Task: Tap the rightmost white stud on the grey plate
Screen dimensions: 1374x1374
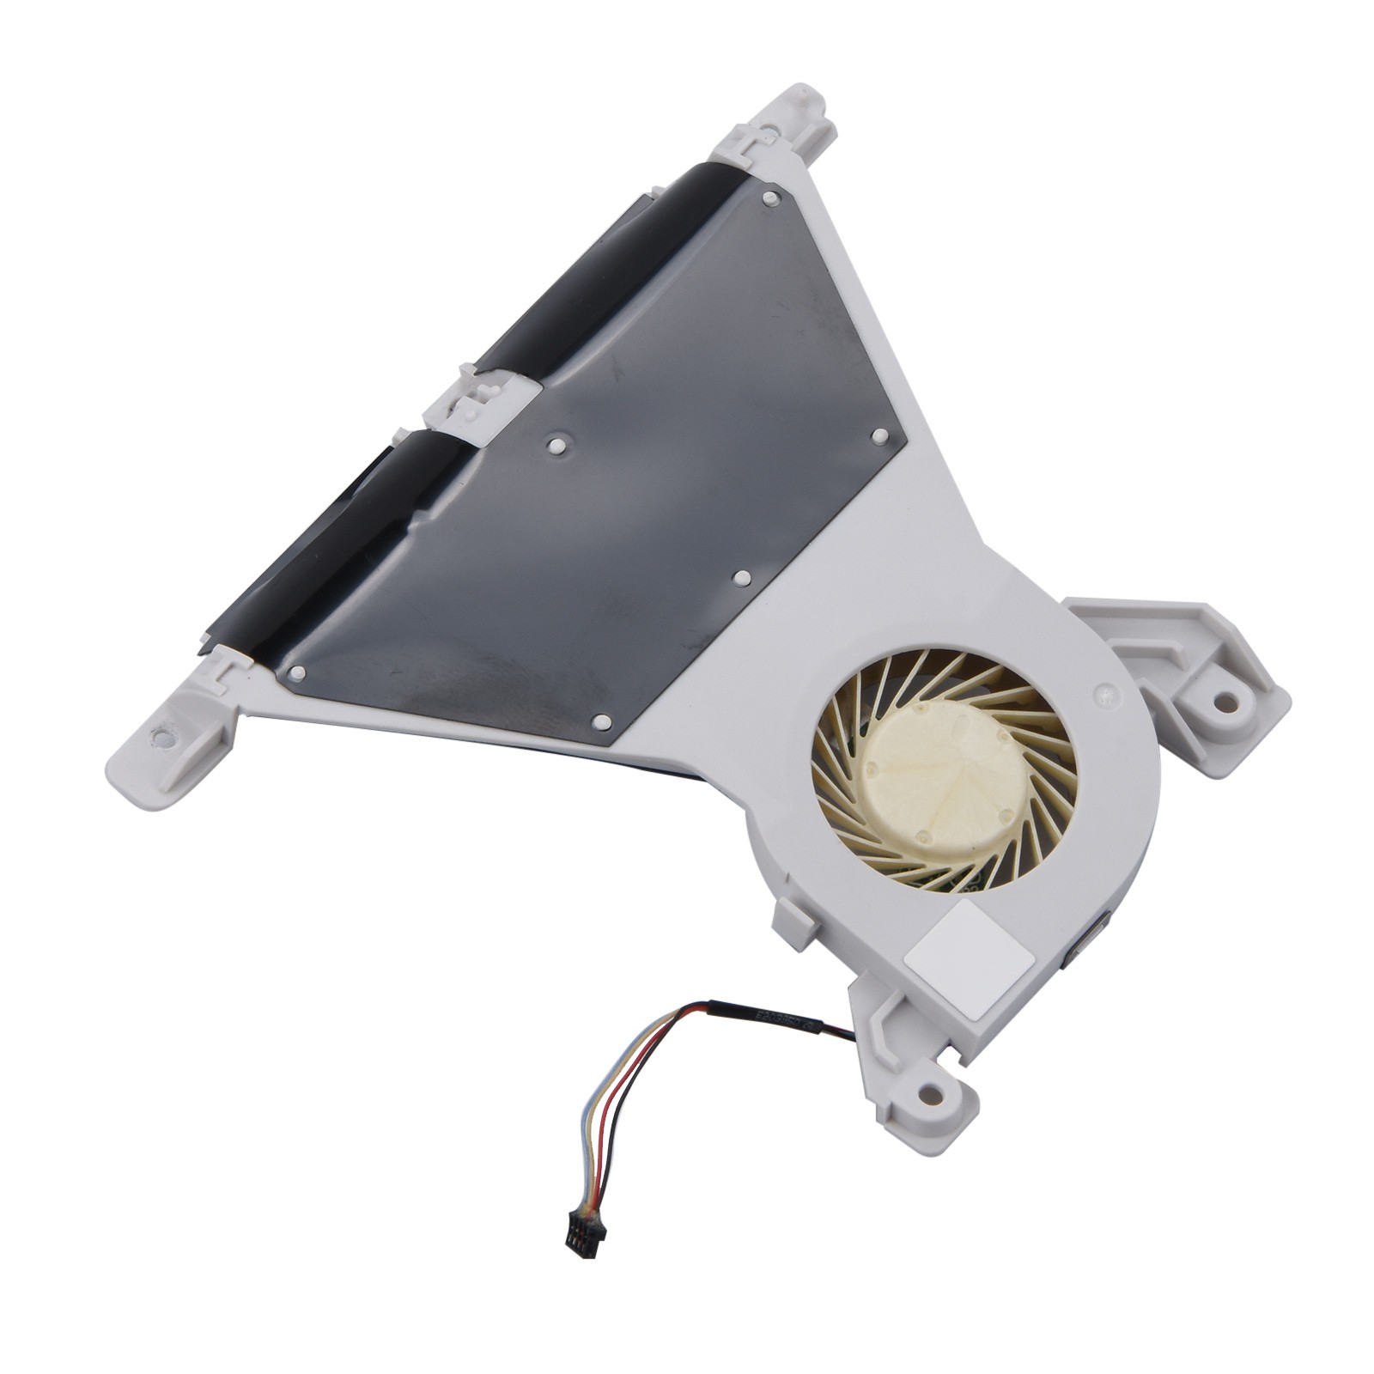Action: click(879, 435)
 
